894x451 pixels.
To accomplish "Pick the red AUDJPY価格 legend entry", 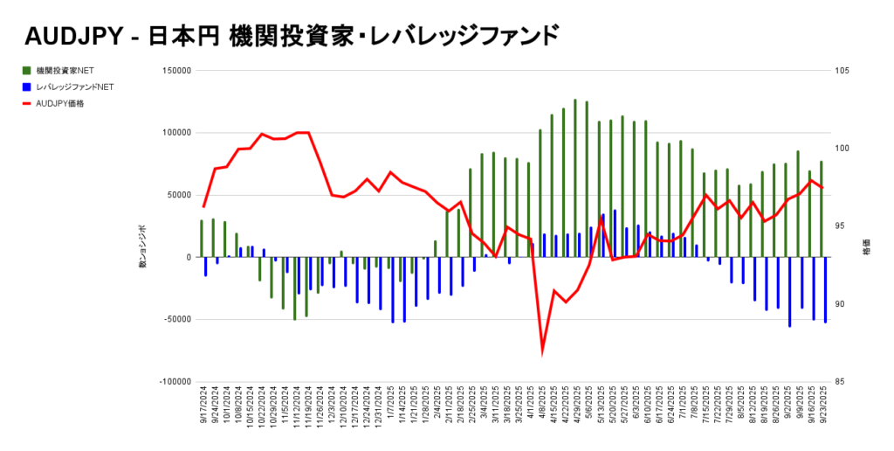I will [x=60, y=103].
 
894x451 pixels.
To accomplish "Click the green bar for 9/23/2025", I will [x=821, y=209].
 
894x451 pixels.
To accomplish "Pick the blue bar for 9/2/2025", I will [x=789, y=292].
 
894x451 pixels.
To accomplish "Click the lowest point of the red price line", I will [x=542, y=351].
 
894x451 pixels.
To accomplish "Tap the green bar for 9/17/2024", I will [x=202, y=239].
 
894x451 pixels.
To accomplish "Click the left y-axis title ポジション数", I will [x=143, y=246].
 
